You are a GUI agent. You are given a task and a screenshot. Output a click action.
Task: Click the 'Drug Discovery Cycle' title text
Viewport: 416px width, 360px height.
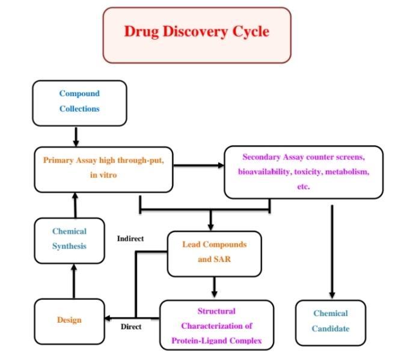click(x=197, y=31)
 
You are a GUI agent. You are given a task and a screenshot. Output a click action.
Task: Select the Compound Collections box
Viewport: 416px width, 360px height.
click(x=79, y=102)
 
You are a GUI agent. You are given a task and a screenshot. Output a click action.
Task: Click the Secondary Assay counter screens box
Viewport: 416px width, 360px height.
click(x=303, y=172)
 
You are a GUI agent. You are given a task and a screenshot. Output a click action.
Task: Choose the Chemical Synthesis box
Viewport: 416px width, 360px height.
click(x=69, y=239)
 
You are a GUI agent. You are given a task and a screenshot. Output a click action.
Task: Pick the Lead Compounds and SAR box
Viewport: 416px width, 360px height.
click(x=214, y=252)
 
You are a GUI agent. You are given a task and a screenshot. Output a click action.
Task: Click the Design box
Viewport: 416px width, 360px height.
click(x=69, y=320)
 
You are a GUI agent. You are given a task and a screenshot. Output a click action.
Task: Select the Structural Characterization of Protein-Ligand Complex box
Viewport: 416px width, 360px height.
click(x=216, y=326)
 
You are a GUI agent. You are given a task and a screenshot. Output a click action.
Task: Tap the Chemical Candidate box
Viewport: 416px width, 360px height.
click(x=330, y=321)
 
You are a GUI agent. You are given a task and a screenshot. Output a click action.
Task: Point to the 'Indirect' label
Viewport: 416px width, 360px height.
click(x=130, y=239)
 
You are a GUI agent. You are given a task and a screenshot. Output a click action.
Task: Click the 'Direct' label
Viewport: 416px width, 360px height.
click(x=130, y=327)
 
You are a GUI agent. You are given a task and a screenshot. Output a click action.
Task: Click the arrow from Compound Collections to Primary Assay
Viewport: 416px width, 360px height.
click(x=76, y=136)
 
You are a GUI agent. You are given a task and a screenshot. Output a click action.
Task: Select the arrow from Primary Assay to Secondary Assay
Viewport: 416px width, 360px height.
click(x=198, y=165)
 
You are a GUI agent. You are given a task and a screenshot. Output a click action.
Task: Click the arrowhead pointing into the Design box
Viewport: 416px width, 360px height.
click(x=109, y=319)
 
